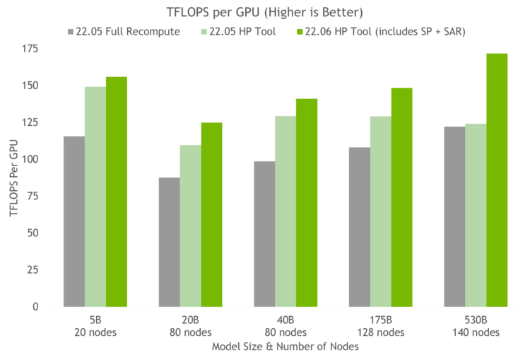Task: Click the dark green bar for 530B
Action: click(x=497, y=180)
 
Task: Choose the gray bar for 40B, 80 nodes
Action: click(x=264, y=233)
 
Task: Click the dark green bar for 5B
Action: click(x=117, y=191)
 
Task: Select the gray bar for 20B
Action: click(x=168, y=241)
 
